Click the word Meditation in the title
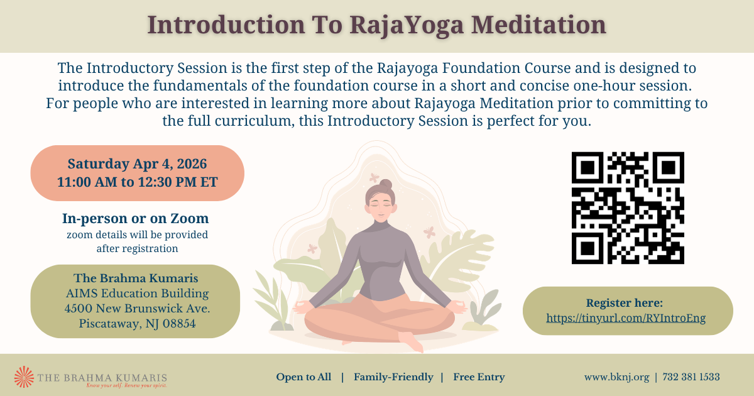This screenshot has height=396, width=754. (x=538, y=25)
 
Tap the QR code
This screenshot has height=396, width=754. (x=628, y=208)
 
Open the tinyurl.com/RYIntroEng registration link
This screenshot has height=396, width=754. (x=626, y=318)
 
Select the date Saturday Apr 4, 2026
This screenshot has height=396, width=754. (x=137, y=164)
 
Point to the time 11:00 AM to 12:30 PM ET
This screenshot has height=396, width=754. (x=138, y=182)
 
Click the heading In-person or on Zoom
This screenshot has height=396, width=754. (x=135, y=219)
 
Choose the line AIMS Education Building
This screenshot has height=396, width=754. (x=138, y=294)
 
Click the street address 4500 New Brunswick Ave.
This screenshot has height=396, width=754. (x=138, y=309)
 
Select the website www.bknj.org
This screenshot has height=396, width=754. (x=616, y=377)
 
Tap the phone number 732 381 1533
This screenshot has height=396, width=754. (x=691, y=377)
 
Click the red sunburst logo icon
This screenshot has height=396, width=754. (x=25, y=377)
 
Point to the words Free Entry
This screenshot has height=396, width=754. (x=479, y=377)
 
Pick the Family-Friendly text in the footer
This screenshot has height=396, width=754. (x=393, y=377)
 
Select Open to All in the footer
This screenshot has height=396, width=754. (x=303, y=377)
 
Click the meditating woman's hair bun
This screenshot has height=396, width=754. (x=386, y=184)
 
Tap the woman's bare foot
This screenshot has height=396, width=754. (x=411, y=341)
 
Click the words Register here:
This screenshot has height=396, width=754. (x=625, y=303)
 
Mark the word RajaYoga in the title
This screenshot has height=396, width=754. (x=407, y=25)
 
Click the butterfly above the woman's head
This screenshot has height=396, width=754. (x=374, y=177)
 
